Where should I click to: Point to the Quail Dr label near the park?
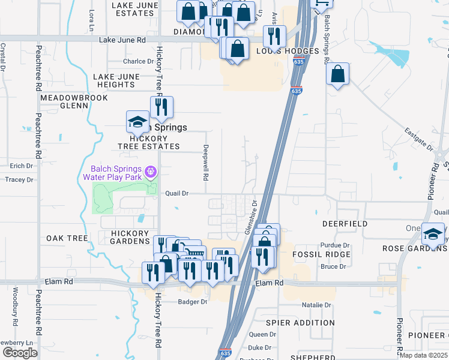click(177, 194)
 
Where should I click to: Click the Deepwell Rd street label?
click(205, 163)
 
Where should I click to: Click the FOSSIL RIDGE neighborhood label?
click(312, 254)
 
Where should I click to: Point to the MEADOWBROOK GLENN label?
click(65, 101)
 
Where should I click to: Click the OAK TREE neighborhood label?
click(67, 238)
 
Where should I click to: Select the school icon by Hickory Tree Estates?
click(137, 121)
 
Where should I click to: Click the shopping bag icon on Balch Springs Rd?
click(338, 74)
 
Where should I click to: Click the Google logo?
click(20, 353)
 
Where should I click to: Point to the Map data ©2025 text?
click(424, 355)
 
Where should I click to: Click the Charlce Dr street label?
click(139, 61)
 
